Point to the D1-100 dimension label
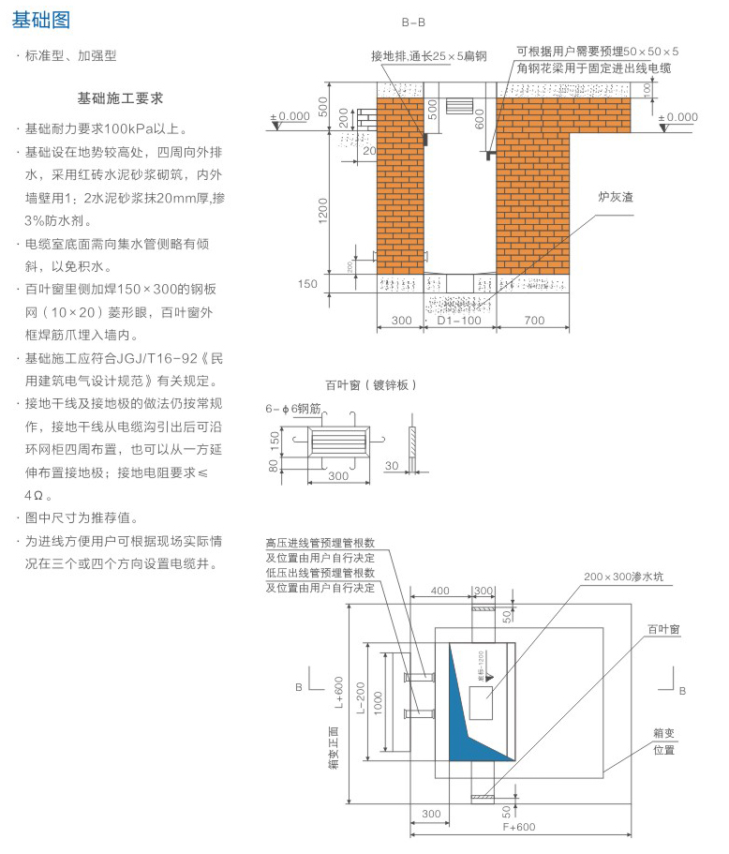coord(459,321)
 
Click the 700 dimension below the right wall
coord(534,321)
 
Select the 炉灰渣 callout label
coord(617,199)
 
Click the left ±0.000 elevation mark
coord(290,116)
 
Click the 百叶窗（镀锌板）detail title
coord(370,384)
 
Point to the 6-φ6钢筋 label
coord(293,409)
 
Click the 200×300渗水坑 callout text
coord(623,577)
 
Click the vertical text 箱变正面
coord(332,750)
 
